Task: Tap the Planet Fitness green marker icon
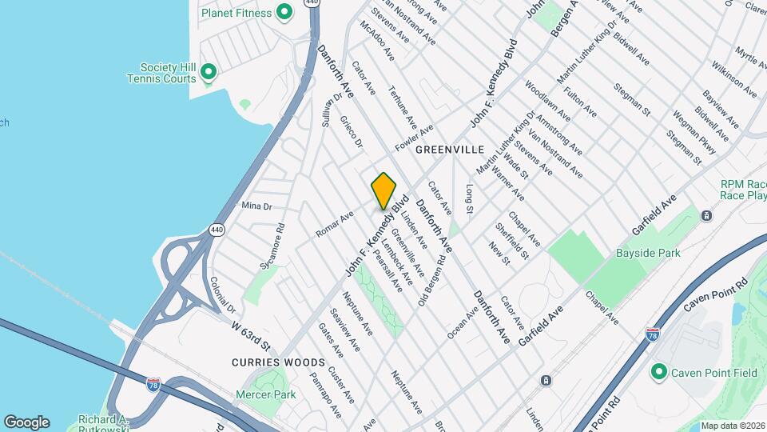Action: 283,12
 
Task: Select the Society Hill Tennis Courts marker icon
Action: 209,73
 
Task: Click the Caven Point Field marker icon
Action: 659,372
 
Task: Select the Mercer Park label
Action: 265,394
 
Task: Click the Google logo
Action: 26,422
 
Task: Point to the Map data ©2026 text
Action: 732,426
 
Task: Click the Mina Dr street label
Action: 256,206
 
